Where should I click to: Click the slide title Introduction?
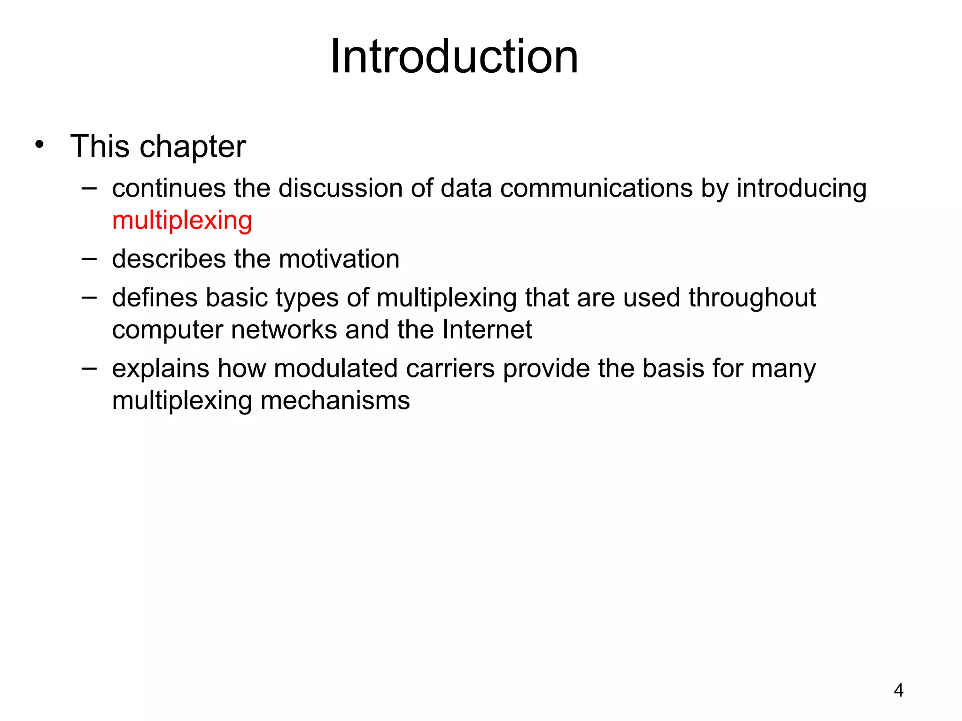coord(454,57)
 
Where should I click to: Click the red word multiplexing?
coord(182,220)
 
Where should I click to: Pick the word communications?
coord(596,188)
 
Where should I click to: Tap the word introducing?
coord(801,189)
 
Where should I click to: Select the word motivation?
coord(341,259)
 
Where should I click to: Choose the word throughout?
coord(752,299)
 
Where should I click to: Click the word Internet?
coord(487,330)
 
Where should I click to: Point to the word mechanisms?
coord(335,401)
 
